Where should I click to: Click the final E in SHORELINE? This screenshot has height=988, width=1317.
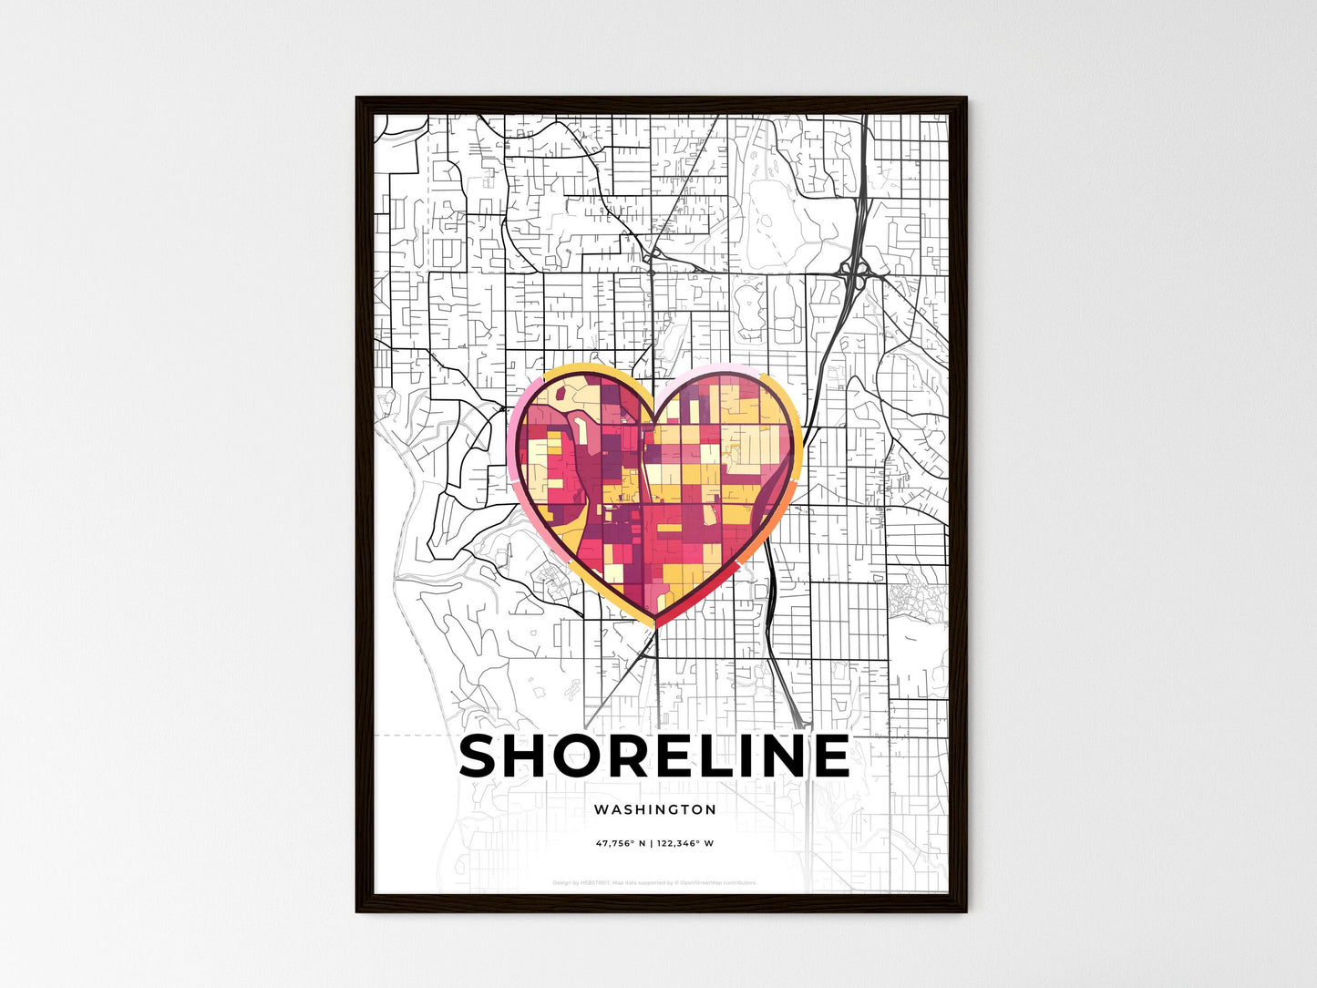[829, 756]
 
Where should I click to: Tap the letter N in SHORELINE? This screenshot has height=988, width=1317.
[786, 756]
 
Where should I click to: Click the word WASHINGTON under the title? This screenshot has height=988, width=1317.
[654, 809]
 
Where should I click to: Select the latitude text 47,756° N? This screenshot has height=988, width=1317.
[621, 843]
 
